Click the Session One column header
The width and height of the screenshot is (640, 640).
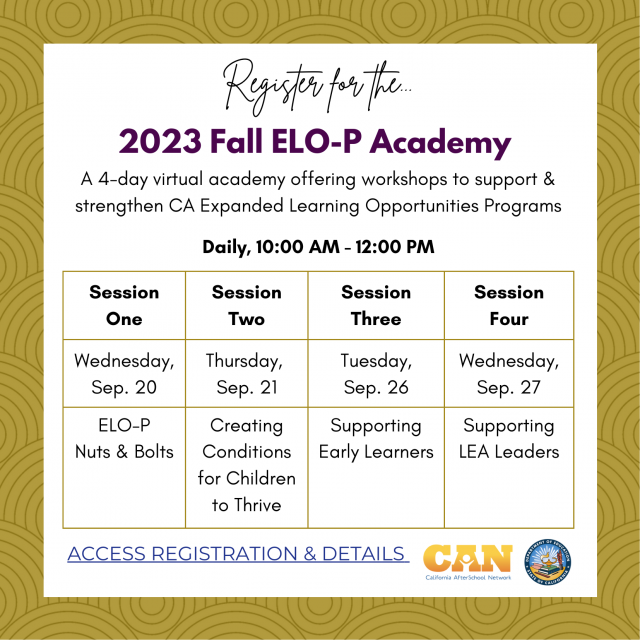tap(124, 305)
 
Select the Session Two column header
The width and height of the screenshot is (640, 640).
tap(246, 305)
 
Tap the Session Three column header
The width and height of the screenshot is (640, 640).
tap(376, 305)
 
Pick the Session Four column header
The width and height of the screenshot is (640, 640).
tap(509, 305)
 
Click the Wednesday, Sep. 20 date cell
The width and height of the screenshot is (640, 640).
tap(124, 373)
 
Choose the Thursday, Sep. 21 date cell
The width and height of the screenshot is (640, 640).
tap(246, 373)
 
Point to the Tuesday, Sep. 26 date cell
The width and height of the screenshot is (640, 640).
tap(376, 373)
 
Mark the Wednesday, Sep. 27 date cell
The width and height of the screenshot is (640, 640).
tap(509, 373)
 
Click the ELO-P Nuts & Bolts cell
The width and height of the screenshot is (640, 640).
tap(124, 438)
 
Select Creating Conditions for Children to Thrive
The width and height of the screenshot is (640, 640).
tap(246, 465)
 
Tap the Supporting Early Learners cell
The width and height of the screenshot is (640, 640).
tap(376, 438)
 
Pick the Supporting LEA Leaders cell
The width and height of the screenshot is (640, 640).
tap(509, 438)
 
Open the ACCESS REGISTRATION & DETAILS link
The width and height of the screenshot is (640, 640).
tap(237, 554)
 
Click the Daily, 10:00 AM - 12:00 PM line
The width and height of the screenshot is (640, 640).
tap(319, 246)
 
